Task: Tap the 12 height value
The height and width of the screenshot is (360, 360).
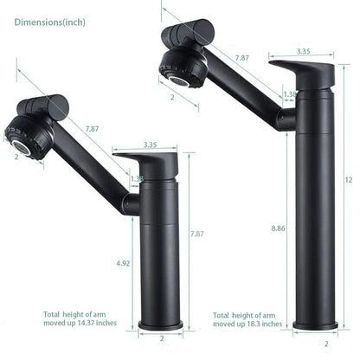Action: point(348,179)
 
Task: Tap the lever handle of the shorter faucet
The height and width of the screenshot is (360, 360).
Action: point(147,162)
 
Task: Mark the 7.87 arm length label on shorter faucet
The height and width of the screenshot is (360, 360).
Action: point(91,130)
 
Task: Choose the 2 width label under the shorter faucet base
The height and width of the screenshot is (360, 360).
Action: point(159,339)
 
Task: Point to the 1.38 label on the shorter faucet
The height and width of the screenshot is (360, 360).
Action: point(137,178)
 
